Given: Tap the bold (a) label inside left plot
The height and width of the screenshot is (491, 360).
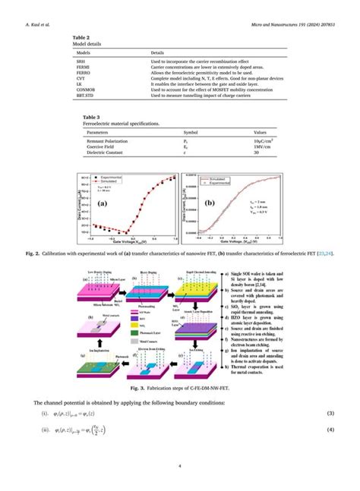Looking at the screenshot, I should click(102, 203).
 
